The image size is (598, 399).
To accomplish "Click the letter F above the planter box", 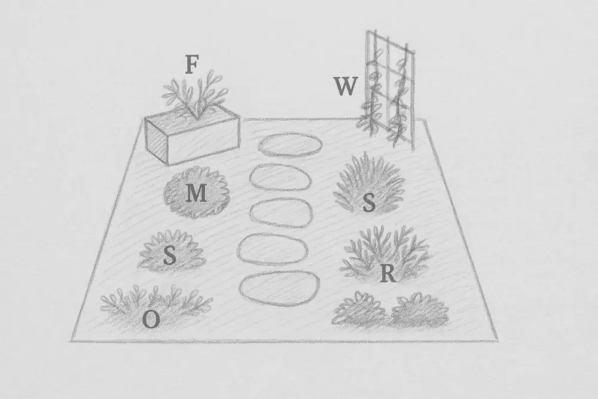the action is [x=191, y=65].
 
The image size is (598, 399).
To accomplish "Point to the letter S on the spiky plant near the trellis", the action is [x=369, y=203].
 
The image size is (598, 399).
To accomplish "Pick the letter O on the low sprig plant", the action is [x=151, y=319].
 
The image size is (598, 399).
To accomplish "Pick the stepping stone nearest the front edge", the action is [x=279, y=289].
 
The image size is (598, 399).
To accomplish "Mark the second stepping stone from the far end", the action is [x=280, y=177].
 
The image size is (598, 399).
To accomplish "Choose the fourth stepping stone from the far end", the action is [x=272, y=249].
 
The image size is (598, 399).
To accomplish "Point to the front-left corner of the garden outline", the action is [x=71, y=340].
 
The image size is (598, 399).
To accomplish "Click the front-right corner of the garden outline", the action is [x=498, y=340].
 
